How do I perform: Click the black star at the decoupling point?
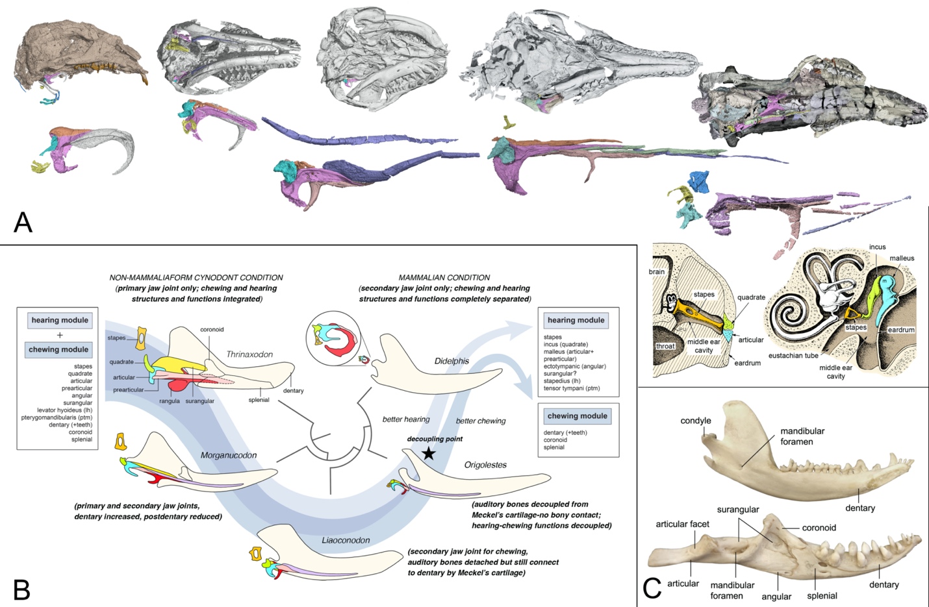[x=429, y=453]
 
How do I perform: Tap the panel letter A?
[x=23, y=223]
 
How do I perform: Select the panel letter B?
[x=21, y=589]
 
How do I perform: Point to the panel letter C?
[x=652, y=588]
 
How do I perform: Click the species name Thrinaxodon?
[x=249, y=354]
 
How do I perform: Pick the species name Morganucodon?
[x=229, y=455]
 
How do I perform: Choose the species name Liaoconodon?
[x=346, y=540]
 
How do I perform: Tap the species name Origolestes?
[x=485, y=465]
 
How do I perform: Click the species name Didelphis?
[x=452, y=361]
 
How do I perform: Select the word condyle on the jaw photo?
[x=696, y=421]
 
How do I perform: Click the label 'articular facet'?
[x=682, y=524]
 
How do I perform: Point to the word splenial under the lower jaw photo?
[x=822, y=595]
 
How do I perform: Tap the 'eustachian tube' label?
[x=793, y=356]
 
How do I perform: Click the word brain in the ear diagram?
[x=657, y=271]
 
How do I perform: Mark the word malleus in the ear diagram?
[x=902, y=258]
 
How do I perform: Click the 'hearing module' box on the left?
[x=60, y=320]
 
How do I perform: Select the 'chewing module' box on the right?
[x=577, y=416]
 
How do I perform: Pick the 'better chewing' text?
[x=481, y=421]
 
